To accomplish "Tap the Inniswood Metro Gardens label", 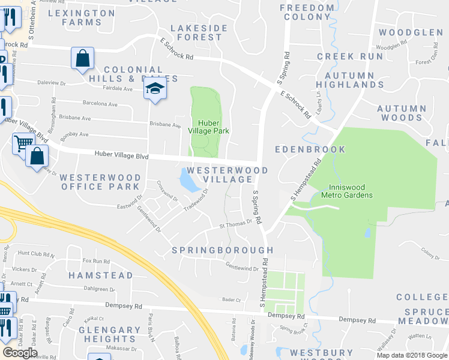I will (347, 190).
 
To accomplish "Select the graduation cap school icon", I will (155, 89).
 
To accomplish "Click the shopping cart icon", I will (23, 143).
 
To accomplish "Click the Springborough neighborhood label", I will (223, 250).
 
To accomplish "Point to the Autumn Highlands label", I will (354, 80).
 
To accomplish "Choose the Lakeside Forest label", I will (199, 32).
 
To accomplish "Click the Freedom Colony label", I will (307, 12).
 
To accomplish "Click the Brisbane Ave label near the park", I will (165, 125).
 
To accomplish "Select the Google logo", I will (20, 352).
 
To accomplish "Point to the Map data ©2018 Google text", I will (412, 355).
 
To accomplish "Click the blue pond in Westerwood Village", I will (190, 181).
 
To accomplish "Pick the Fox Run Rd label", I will (96, 261).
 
